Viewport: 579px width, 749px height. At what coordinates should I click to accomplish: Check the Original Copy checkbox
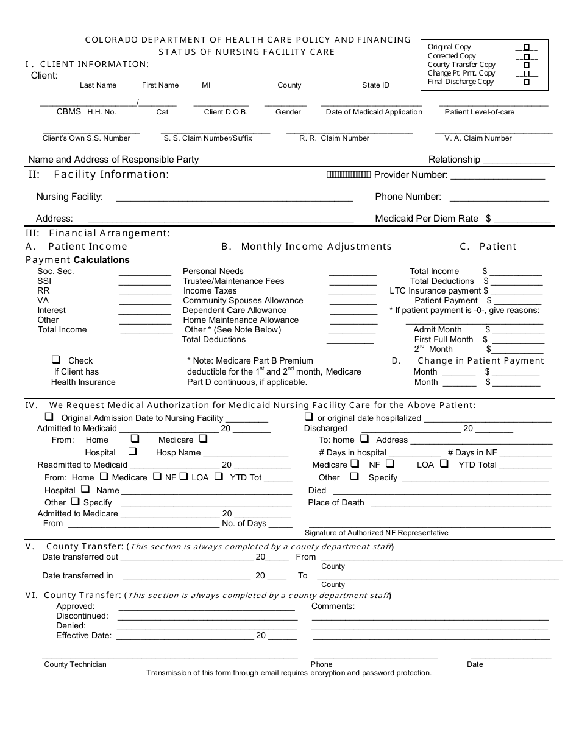coord(527,47)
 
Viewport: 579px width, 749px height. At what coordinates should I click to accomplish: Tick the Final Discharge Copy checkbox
coord(527,82)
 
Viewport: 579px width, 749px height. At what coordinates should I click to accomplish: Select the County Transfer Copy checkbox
coord(527,65)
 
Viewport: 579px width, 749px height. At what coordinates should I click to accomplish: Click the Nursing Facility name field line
coord(234,197)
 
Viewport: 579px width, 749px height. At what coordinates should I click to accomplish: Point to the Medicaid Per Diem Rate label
coord(427,219)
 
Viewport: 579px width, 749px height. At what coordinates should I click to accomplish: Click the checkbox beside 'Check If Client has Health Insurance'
coord(56,360)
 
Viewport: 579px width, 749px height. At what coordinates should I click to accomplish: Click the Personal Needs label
coord(213,272)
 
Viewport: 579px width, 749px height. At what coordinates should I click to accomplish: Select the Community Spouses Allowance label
coord(243,301)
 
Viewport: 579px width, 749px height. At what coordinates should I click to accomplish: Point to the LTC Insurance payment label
coord(435,291)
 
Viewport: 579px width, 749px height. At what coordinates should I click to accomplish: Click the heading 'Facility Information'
coord(111,175)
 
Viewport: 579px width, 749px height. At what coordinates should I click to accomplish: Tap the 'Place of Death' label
coord(336,503)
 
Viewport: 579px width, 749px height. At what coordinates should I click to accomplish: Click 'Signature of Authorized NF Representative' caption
coord(376,533)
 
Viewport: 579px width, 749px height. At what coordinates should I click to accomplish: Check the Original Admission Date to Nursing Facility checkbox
coord(49,417)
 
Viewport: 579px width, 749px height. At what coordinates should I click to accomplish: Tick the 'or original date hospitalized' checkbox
coord(309,417)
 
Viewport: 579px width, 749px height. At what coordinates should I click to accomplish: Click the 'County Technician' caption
coord(75,664)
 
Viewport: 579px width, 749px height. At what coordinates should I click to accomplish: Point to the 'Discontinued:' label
coord(82,616)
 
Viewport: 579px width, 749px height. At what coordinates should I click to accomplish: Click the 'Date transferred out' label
coord(80,557)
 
